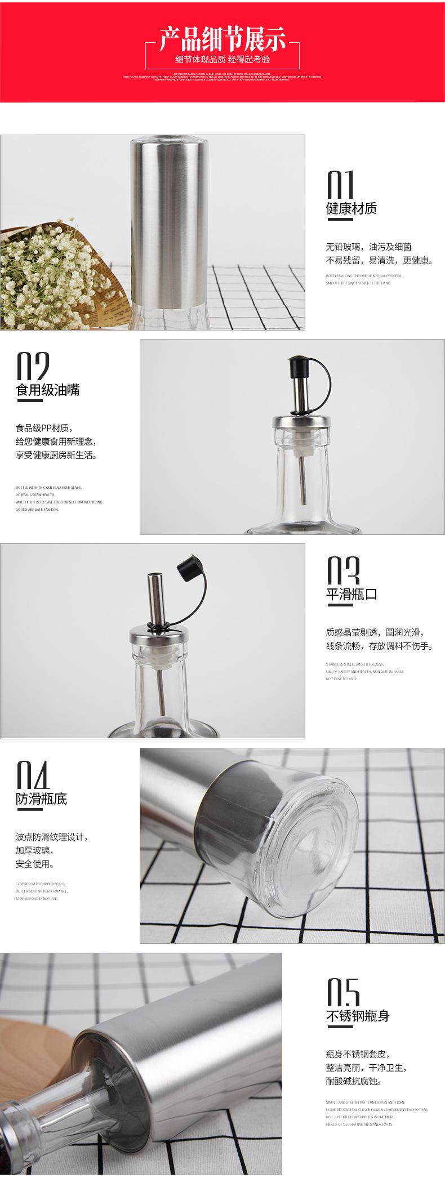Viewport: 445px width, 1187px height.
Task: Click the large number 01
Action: click(341, 184)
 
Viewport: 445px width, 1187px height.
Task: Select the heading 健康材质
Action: click(351, 209)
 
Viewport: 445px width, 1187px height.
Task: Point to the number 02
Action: click(33, 366)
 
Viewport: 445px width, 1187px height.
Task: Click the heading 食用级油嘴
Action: click(47, 390)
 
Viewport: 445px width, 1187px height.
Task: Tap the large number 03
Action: click(343, 571)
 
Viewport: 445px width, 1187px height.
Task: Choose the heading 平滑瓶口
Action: click(351, 595)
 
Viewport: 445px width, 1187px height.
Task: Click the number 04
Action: click(33, 775)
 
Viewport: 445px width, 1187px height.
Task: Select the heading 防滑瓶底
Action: click(41, 798)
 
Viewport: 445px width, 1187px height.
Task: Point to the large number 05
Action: click(343, 992)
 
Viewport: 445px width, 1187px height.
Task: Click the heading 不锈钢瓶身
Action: click(357, 1016)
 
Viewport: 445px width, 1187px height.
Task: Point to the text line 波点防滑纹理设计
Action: click(51, 837)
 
